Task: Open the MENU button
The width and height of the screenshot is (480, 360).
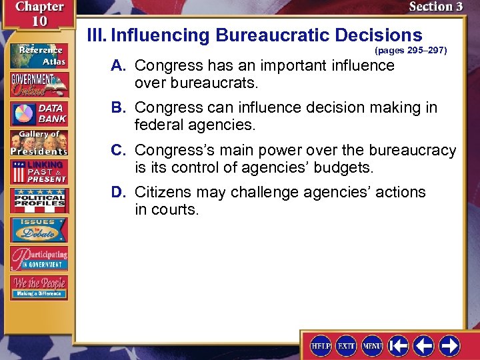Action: (x=372, y=345)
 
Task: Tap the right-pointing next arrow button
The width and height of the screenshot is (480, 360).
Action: (x=449, y=345)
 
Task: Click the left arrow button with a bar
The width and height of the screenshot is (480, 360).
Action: (x=398, y=345)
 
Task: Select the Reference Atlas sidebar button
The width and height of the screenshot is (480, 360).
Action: (x=38, y=56)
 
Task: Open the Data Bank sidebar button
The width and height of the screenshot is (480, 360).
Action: (x=38, y=113)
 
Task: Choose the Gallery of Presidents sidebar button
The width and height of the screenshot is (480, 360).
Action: (x=38, y=143)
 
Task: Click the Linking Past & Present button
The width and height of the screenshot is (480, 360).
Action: (x=38, y=171)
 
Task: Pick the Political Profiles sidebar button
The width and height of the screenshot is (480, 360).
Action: (x=38, y=201)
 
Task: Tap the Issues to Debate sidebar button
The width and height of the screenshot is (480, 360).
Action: (x=38, y=230)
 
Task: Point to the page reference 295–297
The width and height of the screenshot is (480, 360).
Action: (x=411, y=50)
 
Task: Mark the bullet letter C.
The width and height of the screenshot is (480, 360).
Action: (x=118, y=151)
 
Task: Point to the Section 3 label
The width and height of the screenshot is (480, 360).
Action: (x=435, y=7)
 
